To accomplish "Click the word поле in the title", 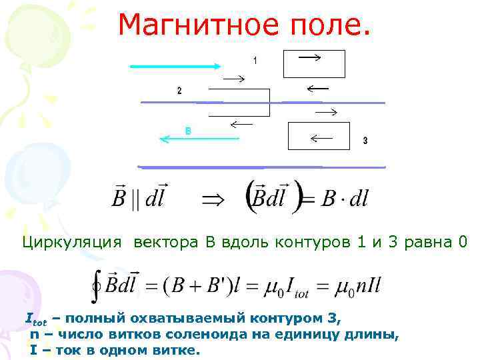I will point(327,25).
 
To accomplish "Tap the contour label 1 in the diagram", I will point(255,61).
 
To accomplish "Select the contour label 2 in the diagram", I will point(179,90).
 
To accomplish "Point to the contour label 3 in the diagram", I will point(365,141).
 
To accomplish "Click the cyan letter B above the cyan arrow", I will point(188,131).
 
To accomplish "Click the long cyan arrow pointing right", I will point(175,66).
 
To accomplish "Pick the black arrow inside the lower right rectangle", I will point(321,139).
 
